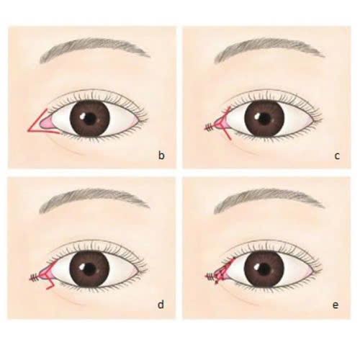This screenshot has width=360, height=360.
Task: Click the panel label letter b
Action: click(x=161, y=156)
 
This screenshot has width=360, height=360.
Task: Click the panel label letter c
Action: click(x=337, y=156)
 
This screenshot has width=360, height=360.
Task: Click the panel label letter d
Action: click(x=161, y=305)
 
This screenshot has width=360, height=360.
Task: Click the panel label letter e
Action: click(x=336, y=305)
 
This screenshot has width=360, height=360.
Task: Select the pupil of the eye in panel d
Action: click(x=90, y=268)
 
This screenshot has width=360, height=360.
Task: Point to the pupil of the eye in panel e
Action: click(x=264, y=268)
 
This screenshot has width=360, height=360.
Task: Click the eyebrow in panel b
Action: click(x=94, y=49)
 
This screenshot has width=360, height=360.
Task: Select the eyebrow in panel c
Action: click(x=269, y=49)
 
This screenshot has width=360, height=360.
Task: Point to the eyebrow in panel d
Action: click(x=94, y=200)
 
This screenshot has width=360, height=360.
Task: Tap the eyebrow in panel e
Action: click(x=269, y=200)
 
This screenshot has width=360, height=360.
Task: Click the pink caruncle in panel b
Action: click(x=47, y=124)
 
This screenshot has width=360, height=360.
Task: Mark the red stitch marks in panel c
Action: click(x=210, y=128)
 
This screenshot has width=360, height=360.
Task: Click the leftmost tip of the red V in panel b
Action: click(x=28, y=130)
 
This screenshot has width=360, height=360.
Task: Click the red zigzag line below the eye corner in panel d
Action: click(x=49, y=283)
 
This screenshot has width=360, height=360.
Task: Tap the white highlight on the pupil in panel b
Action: click(x=83, y=116)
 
